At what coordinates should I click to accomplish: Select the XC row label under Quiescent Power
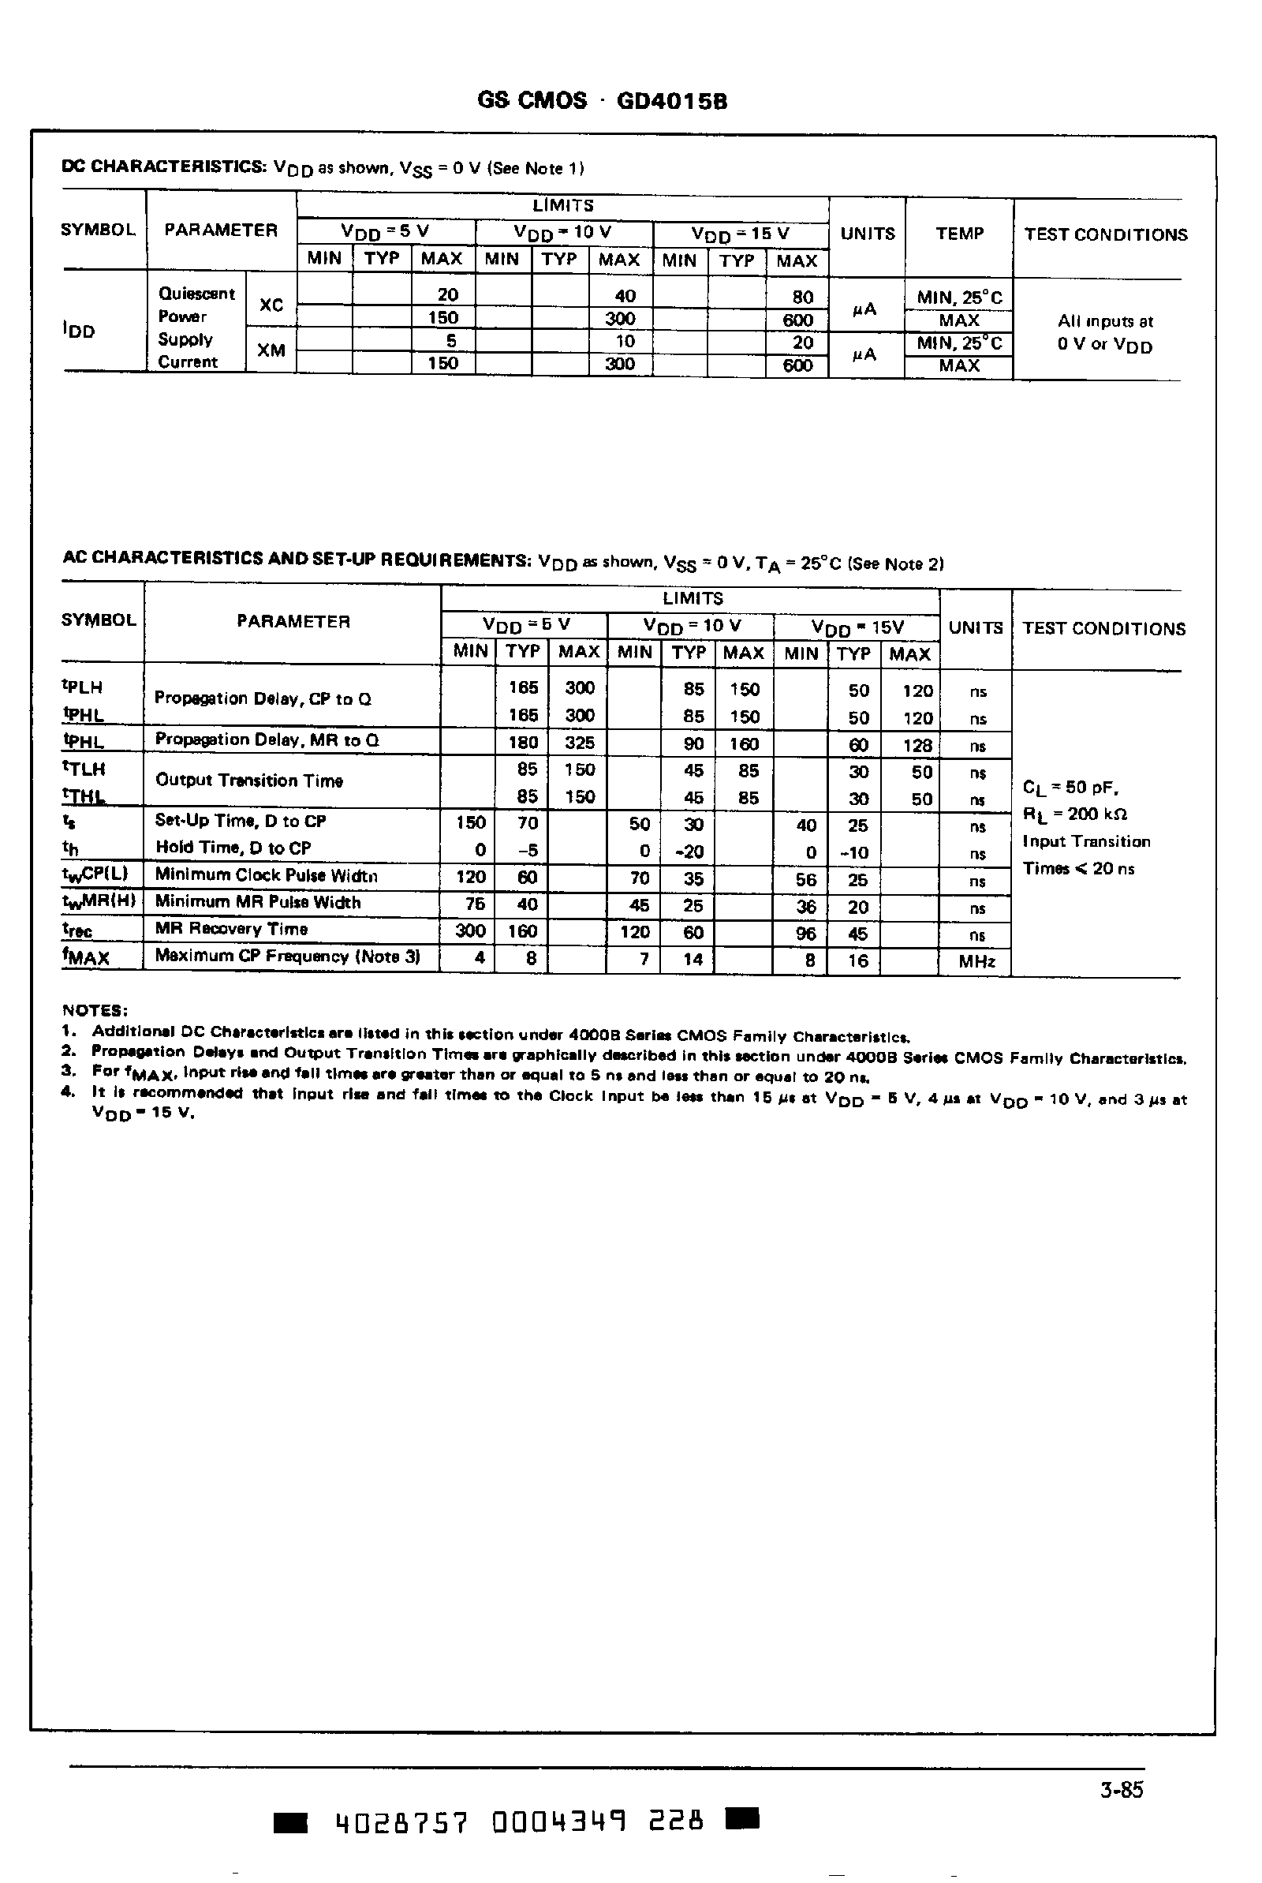(x=271, y=305)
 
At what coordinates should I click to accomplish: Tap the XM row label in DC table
(x=271, y=350)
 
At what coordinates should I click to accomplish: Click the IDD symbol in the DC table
(x=78, y=330)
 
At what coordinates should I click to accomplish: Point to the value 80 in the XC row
(x=802, y=297)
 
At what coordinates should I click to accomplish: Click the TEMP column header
(x=959, y=234)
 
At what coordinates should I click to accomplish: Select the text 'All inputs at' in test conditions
(x=1105, y=321)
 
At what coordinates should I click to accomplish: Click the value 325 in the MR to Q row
(x=580, y=743)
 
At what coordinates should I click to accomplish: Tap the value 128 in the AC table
(x=917, y=745)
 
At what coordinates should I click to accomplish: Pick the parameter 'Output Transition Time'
(x=248, y=780)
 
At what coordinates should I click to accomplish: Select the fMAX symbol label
(x=85, y=957)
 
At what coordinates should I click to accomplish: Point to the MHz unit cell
(x=976, y=961)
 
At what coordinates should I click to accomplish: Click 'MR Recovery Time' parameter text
(x=231, y=929)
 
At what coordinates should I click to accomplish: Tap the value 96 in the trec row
(x=805, y=933)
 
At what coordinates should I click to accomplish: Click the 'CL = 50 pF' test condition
(x=1070, y=788)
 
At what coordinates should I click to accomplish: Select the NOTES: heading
(x=94, y=1010)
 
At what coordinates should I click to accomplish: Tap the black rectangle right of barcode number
(x=742, y=1817)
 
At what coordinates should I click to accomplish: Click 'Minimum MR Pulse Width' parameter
(x=258, y=903)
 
